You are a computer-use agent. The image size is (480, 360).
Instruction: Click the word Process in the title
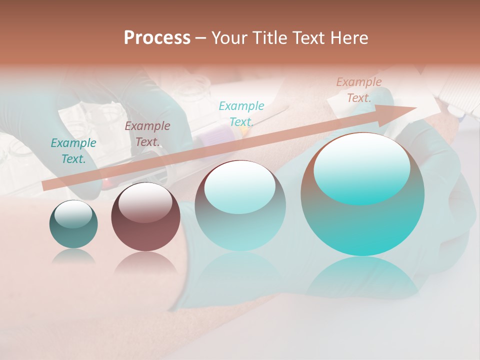(x=157, y=38)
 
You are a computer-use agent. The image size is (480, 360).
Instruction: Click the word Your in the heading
(x=229, y=38)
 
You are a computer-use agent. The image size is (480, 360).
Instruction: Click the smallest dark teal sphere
(x=73, y=224)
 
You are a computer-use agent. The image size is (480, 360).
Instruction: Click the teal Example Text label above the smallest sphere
(x=73, y=151)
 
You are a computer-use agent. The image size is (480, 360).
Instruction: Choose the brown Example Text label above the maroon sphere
(x=147, y=134)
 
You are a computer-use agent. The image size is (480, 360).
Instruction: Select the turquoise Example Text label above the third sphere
(x=241, y=113)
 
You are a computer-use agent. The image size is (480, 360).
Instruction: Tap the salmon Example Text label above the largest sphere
(x=359, y=90)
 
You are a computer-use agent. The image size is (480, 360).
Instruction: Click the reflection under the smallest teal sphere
(x=73, y=256)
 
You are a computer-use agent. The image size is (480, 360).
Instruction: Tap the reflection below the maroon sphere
(x=145, y=262)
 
